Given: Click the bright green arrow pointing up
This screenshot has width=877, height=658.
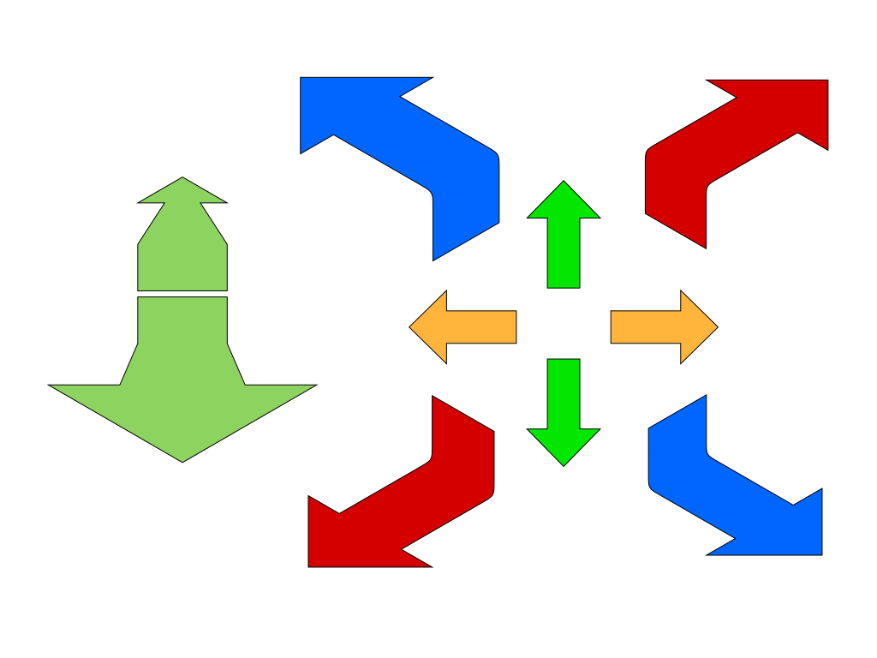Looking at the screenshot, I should point(564,240).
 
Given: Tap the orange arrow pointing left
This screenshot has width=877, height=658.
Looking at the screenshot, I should point(467,326).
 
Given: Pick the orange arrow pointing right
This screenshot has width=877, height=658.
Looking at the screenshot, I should point(659,326).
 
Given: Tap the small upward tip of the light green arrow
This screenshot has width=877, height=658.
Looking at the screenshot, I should point(182,191).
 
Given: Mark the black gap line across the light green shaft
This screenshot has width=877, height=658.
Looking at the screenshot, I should point(182,294).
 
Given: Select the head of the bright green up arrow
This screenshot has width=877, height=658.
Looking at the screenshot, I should point(564,202).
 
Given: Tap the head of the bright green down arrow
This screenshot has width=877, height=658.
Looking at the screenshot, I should point(564,445).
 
